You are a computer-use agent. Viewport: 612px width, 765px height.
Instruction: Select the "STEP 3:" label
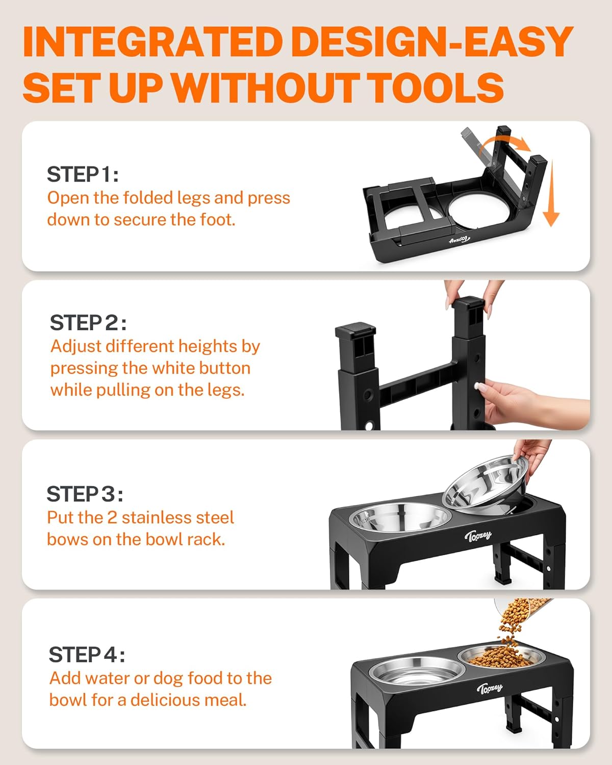(85, 494)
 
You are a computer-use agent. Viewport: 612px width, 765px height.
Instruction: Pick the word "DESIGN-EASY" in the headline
(433, 42)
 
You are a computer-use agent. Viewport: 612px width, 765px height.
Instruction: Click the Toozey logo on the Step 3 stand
(478, 535)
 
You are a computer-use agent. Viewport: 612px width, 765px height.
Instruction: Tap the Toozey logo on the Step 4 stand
(489, 689)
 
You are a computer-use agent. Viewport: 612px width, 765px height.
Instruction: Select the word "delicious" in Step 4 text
(188, 700)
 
